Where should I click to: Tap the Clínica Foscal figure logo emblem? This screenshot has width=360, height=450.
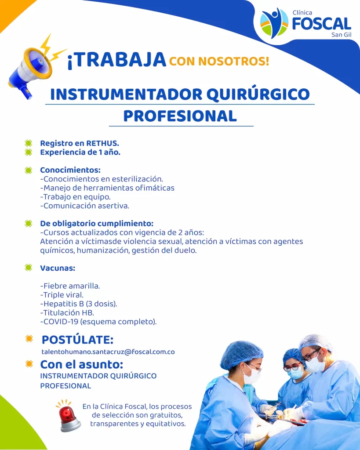pyautogui.click(x=274, y=23)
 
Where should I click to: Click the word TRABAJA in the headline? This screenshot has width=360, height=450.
pyautogui.click(x=117, y=60)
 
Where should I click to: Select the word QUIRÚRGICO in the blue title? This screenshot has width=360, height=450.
pyautogui.click(x=258, y=94)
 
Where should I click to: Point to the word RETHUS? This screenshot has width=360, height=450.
pyautogui.click(x=102, y=143)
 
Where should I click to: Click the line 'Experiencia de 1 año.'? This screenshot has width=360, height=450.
pyautogui.click(x=80, y=152)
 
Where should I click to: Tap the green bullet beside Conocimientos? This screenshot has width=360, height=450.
pyautogui.click(x=29, y=170)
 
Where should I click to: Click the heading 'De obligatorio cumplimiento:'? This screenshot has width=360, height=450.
pyautogui.click(x=97, y=223)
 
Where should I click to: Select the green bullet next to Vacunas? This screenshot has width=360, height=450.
pyautogui.click(x=29, y=268)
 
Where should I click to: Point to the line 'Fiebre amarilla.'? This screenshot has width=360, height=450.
pyautogui.click(x=70, y=286)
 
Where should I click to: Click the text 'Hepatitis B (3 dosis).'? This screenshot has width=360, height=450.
pyautogui.click(x=79, y=304)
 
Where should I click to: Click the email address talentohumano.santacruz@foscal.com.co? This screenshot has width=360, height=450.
pyautogui.click(x=108, y=352)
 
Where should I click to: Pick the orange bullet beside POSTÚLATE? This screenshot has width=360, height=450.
pyautogui.click(x=29, y=339)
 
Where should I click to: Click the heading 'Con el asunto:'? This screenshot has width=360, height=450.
pyautogui.click(x=82, y=364)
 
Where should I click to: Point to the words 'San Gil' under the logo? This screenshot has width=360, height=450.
pyautogui.click(x=342, y=35)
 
